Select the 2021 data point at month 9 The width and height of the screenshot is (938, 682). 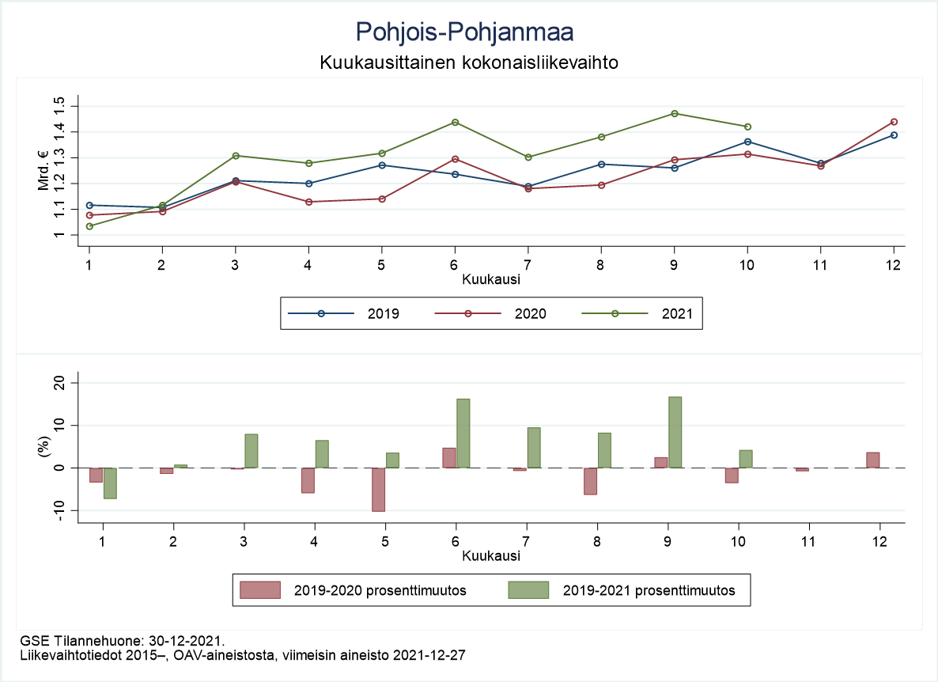675,113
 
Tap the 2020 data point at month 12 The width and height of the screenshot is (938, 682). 894,122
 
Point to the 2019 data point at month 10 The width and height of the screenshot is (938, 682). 747,142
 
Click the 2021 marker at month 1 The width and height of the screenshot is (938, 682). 89,226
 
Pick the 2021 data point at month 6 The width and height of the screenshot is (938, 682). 455,122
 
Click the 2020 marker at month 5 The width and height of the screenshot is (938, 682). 382,199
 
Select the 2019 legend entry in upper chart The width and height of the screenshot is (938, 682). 344,313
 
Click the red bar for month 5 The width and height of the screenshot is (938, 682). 379,489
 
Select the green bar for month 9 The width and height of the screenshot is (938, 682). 675,432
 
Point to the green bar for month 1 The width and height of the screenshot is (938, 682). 110,483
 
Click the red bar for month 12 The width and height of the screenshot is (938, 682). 872,460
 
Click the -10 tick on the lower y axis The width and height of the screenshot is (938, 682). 60,510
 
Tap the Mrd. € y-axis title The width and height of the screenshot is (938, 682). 44,171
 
